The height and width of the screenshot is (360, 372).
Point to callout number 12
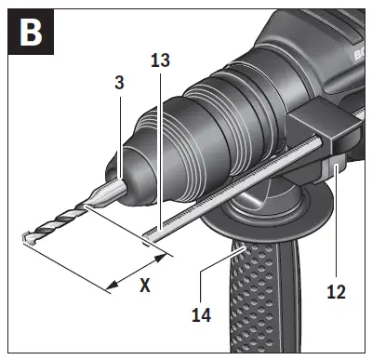[336, 291]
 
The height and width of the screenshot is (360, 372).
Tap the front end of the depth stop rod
[149, 236]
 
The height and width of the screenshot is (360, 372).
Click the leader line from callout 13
[159, 149]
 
